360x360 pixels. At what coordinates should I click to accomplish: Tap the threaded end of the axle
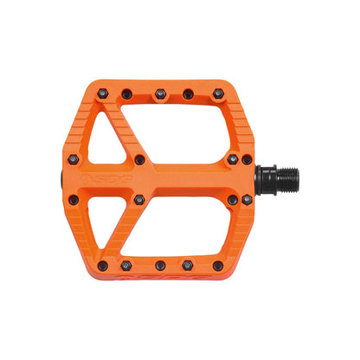click(x=286, y=180)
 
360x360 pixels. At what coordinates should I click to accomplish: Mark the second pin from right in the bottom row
click(x=185, y=264)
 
